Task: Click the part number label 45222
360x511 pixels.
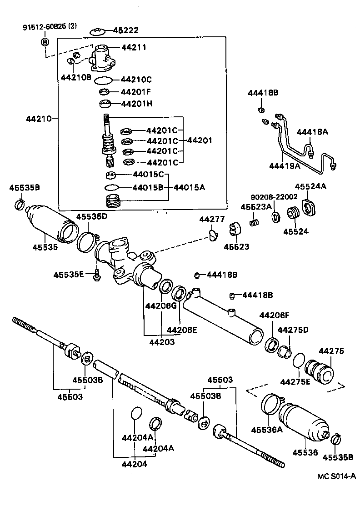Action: [126, 30]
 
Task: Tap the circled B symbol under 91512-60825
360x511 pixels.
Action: [45, 42]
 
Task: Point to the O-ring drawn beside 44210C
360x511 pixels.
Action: [104, 80]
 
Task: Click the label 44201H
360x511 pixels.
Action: [136, 104]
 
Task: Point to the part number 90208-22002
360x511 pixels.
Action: [274, 197]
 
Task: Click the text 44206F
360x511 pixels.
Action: [274, 316]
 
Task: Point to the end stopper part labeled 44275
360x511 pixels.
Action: [320, 370]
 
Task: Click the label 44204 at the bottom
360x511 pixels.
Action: [134, 464]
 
